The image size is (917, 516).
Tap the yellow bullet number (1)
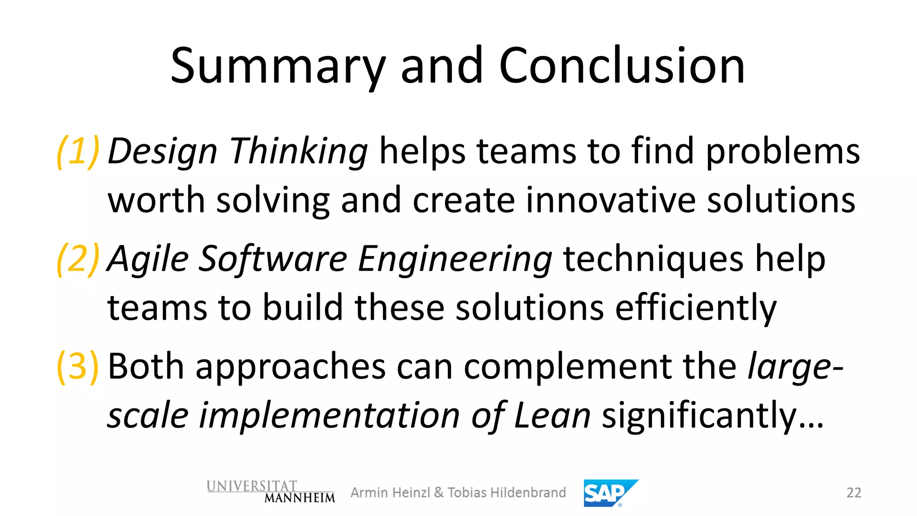point(78,151)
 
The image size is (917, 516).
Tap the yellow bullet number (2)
point(78,259)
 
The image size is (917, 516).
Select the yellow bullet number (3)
point(78,366)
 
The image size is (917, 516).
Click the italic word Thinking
point(298,151)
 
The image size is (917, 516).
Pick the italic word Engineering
point(455,259)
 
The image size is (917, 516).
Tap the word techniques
point(654,259)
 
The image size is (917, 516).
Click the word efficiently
point(696,308)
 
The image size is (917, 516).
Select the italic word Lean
point(553,416)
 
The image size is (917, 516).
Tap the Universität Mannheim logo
point(270,492)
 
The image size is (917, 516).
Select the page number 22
point(854,493)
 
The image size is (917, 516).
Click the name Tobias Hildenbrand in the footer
point(506,493)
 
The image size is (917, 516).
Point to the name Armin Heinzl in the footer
point(390,493)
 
